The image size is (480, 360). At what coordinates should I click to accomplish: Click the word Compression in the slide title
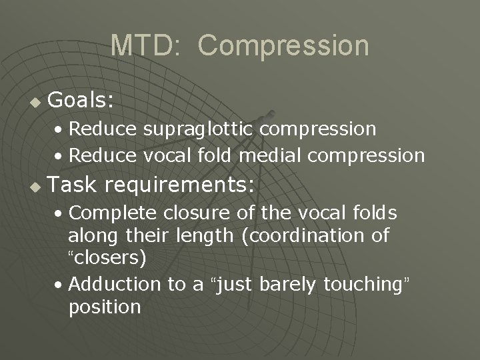coord(283,46)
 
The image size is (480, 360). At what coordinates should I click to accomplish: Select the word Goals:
coord(81,101)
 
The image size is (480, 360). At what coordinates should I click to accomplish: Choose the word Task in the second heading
coord(73,185)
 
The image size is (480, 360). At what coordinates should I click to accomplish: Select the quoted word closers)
coord(107,257)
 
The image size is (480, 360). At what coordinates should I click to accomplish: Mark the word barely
coord(289,284)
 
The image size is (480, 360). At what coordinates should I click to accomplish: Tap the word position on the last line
coord(105,307)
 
